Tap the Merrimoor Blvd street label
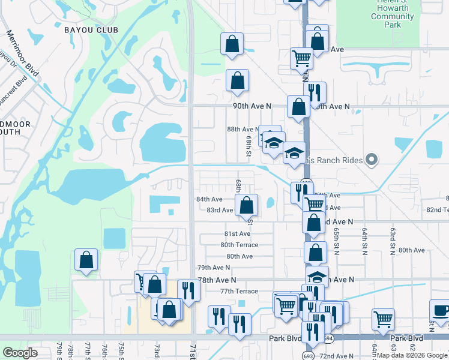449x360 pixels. (x=22, y=53)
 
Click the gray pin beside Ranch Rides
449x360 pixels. (x=372, y=160)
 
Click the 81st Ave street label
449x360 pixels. (x=237, y=233)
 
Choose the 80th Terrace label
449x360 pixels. (x=239, y=245)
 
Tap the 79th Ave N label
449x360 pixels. (x=214, y=268)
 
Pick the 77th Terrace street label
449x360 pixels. (x=238, y=291)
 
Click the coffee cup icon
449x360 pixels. (x=441, y=311)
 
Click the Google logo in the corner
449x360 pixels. (x=20, y=353)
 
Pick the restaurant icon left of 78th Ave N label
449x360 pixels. (x=188, y=290)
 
